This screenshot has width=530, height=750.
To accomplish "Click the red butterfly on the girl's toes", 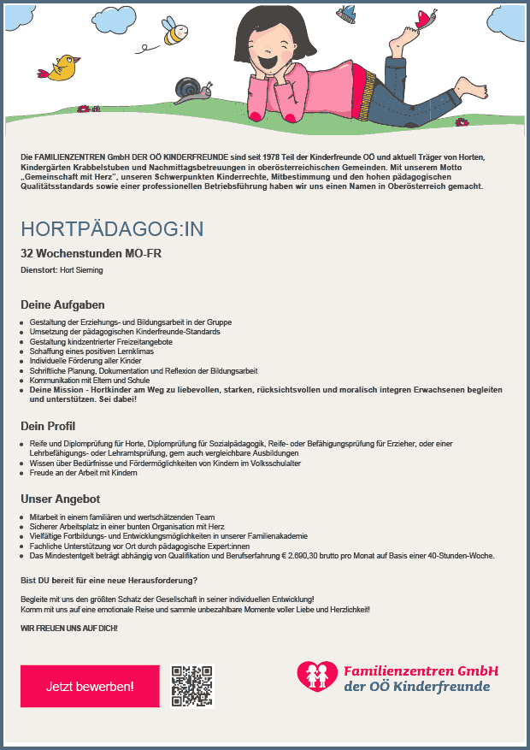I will point(424,18).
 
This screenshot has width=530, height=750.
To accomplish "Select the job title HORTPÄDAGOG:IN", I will point(112,230).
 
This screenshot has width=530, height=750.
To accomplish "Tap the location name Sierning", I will point(88,270).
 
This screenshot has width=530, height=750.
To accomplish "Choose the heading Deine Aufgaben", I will point(62,304).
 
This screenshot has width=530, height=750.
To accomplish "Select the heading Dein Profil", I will point(48,426).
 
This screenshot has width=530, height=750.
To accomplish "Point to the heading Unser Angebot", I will point(60,499).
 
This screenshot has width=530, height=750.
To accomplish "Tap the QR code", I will point(191,685).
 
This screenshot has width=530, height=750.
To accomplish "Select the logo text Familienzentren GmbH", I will point(421,670).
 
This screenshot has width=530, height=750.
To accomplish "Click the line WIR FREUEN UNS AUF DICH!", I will point(69,629).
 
